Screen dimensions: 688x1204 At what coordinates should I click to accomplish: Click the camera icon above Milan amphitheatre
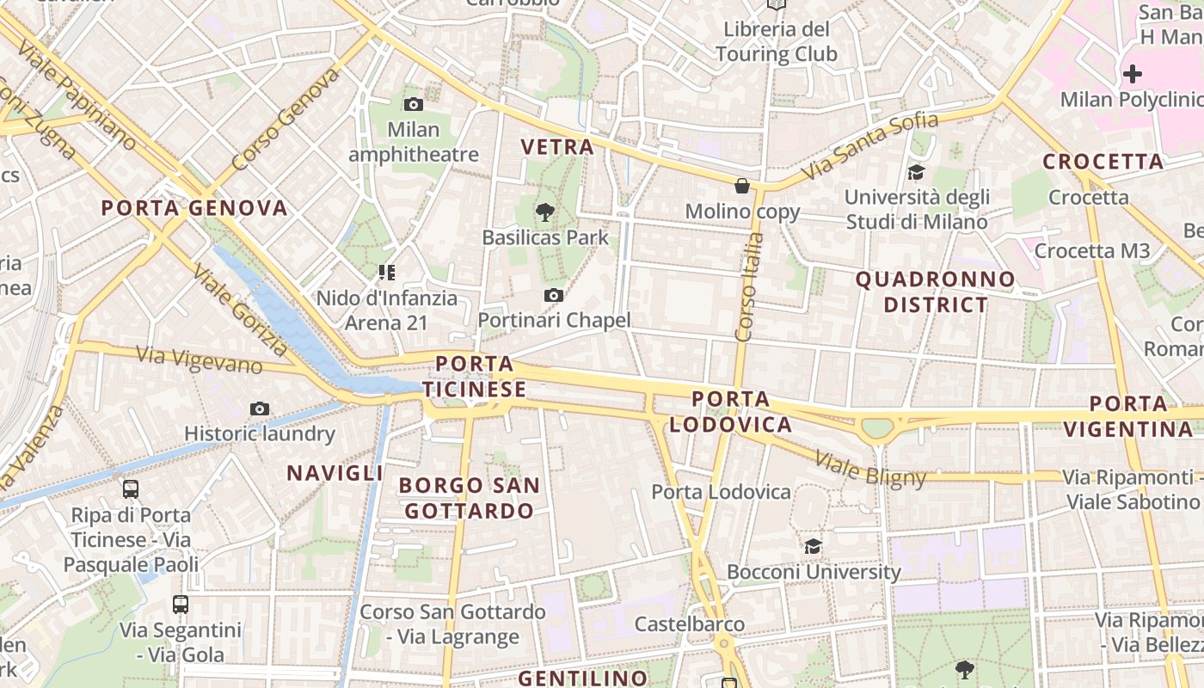pyautogui.click(x=414, y=105)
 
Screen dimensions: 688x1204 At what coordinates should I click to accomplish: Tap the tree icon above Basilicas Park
pyautogui.click(x=544, y=212)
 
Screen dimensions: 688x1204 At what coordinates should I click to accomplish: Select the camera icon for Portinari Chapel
pyautogui.click(x=554, y=296)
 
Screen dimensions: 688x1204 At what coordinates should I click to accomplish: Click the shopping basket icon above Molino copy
pyautogui.click(x=742, y=186)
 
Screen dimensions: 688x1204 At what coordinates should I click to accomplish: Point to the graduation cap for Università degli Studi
pyautogui.click(x=916, y=172)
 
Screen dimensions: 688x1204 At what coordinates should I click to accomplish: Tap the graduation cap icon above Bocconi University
pyautogui.click(x=813, y=546)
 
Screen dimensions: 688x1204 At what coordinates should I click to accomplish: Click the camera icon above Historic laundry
pyautogui.click(x=259, y=408)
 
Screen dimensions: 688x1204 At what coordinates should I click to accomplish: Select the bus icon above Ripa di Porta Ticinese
pyautogui.click(x=131, y=489)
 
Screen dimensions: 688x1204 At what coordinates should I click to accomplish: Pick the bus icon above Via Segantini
pyautogui.click(x=181, y=604)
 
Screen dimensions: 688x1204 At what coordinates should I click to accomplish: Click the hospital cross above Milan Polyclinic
pyautogui.click(x=1133, y=74)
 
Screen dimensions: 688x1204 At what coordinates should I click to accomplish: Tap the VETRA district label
pyautogui.click(x=557, y=147)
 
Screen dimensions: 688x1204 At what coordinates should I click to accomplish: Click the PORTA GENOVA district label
pyautogui.click(x=194, y=208)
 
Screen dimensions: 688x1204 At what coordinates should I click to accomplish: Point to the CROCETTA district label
pyautogui.click(x=1103, y=162)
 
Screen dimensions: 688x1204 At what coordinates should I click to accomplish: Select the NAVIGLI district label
pyautogui.click(x=335, y=473)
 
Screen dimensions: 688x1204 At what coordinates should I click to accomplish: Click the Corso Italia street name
pyautogui.click(x=750, y=287)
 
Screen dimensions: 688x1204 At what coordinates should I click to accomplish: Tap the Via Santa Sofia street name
pyautogui.click(x=869, y=147)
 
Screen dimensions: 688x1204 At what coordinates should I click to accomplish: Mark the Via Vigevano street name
pyautogui.click(x=200, y=360)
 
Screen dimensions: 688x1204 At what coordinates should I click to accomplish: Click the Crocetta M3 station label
pyautogui.click(x=1091, y=251)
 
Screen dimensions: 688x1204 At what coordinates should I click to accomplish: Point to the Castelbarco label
pyautogui.click(x=690, y=623)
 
